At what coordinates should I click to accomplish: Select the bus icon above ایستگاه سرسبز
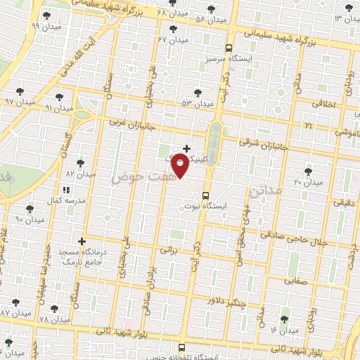tap(229, 49)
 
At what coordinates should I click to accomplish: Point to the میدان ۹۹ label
tap(26, 25)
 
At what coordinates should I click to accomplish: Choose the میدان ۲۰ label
tap(307, 182)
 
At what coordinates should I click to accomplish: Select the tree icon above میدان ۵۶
tap(210, 10)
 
